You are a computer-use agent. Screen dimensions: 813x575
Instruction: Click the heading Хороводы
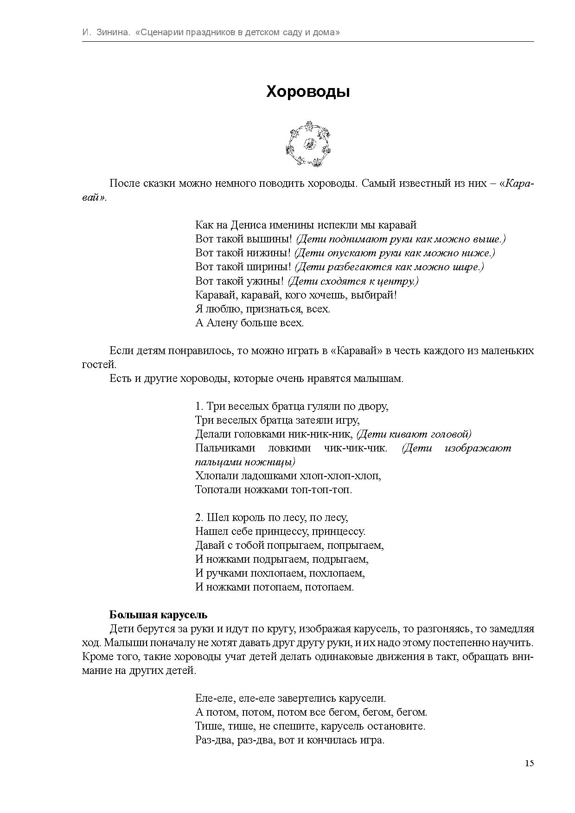[x=308, y=92]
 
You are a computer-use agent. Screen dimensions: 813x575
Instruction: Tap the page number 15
[x=529, y=763]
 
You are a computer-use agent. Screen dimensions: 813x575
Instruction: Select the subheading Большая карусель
[x=158, y=615]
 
